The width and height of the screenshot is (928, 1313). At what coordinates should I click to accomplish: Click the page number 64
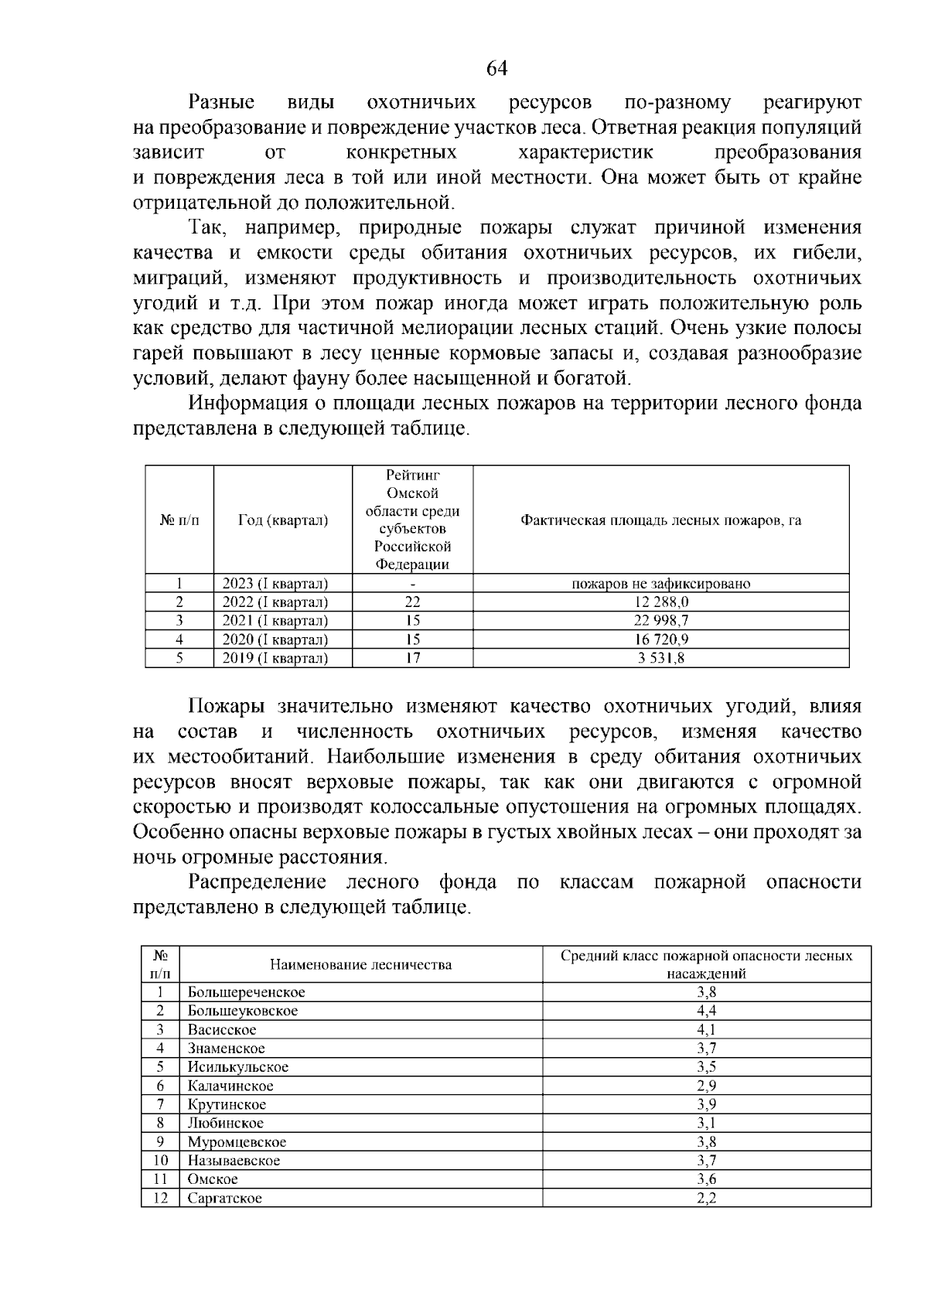496,69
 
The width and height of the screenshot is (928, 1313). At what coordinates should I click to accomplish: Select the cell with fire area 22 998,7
660,621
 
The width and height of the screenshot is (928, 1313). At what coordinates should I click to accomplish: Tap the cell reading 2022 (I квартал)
275,602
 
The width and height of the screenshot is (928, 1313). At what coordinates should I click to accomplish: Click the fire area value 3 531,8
660,659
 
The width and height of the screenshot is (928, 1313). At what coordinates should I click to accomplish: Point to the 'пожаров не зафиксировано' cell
660,584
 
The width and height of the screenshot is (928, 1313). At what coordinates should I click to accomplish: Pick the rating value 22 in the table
412,602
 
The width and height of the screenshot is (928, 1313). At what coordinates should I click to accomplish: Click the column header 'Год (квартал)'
282,520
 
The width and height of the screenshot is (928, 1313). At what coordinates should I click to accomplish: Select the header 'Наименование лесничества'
360,965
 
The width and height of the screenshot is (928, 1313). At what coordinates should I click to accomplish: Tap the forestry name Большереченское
246,993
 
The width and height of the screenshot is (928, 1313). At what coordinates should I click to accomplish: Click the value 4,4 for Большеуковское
706,1011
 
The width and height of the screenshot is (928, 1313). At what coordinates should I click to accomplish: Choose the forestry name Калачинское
230,1086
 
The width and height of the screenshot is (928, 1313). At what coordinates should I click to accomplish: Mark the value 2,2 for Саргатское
706,1199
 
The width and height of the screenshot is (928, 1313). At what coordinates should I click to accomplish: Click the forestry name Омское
213,1180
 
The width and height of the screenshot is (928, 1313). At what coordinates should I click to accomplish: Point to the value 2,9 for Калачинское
706,1086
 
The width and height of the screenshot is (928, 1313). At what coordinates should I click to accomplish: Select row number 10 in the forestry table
160,1161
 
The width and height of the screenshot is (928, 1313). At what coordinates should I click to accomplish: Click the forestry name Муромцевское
237,1143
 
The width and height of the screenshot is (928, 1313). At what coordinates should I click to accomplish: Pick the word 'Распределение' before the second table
258,882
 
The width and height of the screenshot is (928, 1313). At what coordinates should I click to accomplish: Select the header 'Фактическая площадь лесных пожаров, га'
660,520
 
